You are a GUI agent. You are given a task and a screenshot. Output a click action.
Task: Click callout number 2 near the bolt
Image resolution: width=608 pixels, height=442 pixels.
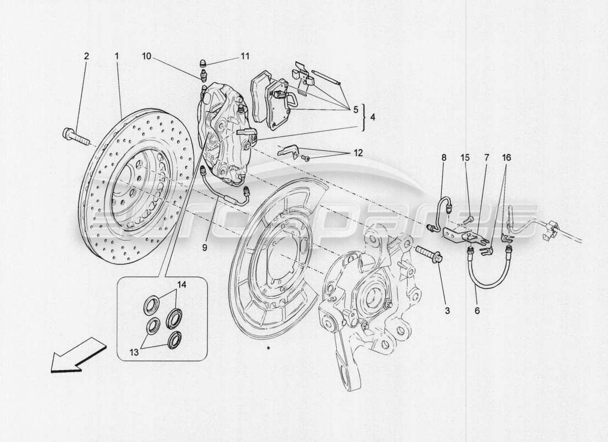click(x=86, y=56)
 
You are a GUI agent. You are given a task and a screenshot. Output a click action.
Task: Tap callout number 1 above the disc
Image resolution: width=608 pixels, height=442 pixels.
click(x=117, y=56)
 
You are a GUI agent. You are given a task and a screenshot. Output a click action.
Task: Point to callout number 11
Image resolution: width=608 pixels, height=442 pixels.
click(x=245, y=56)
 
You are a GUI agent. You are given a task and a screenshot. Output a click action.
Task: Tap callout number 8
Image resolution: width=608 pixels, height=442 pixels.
click(x=443, y=158)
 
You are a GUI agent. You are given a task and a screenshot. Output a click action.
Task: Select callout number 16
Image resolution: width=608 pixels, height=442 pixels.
click(x=507, y=158)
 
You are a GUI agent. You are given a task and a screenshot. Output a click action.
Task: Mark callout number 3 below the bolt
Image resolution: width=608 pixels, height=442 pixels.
click(x=447, y=311)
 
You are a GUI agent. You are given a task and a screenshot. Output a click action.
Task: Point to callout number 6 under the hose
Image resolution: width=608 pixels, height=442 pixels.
click(x=477, y=311)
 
